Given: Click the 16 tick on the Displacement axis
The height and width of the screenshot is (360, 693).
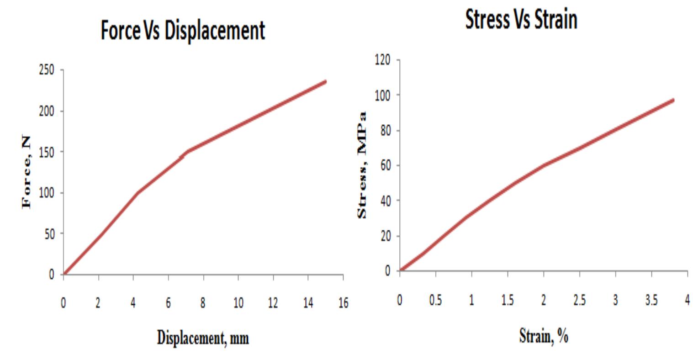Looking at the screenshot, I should (343, 304).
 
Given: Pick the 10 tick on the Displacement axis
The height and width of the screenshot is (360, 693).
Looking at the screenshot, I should (238, 304).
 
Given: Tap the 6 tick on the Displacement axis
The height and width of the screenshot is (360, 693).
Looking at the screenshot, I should (168, 304).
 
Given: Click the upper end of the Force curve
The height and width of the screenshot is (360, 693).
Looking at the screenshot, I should (326, 81).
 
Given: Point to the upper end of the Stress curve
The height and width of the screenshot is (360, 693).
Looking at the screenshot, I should (673, 100).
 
